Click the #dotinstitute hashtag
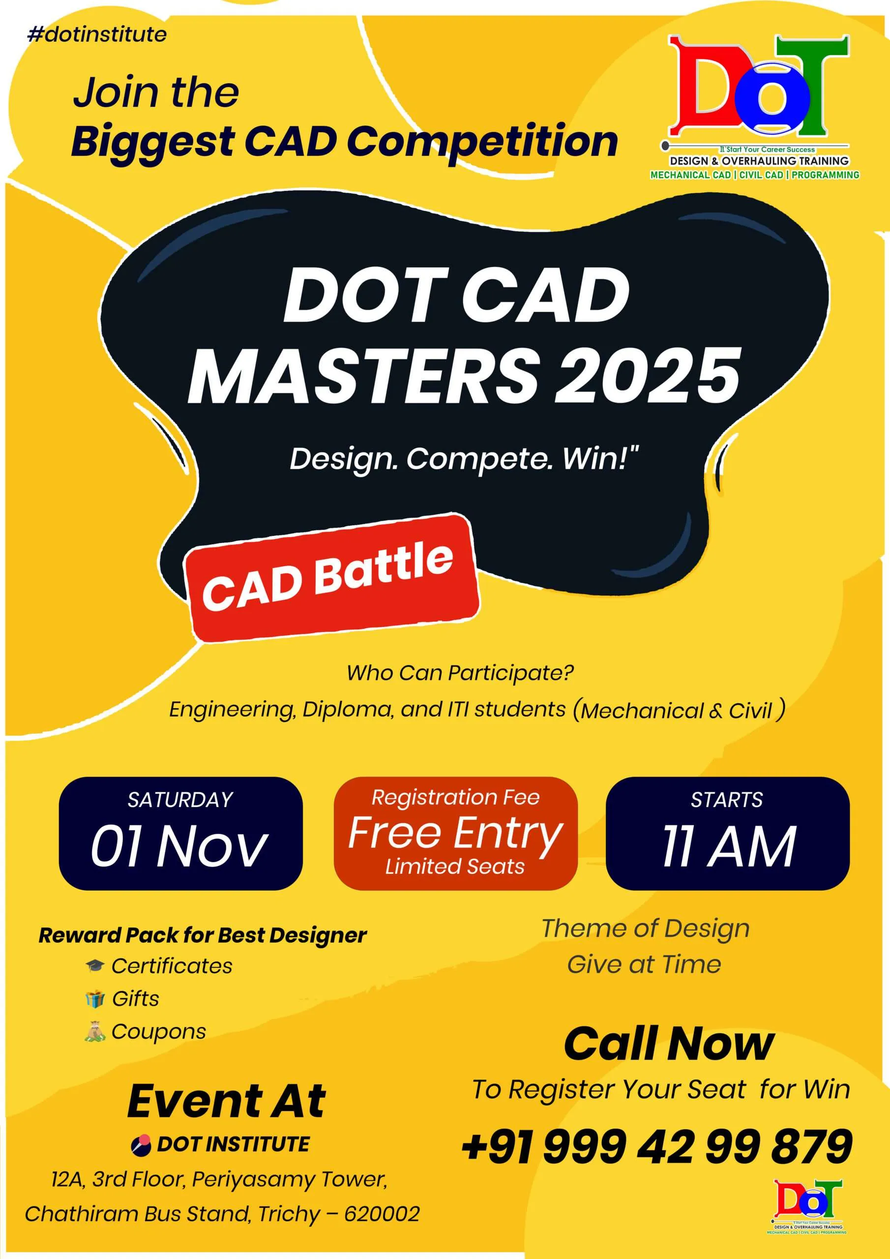96,34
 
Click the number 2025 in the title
648,377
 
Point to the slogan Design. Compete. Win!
464,458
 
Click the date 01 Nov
180,845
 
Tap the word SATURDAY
180,800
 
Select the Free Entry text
455,833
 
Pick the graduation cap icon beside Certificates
95,965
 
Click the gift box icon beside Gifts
95,999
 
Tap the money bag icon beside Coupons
94,1032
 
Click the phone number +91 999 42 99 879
657,1146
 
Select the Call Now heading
669,1044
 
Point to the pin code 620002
382,1213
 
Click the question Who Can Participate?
460,673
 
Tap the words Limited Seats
455,867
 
